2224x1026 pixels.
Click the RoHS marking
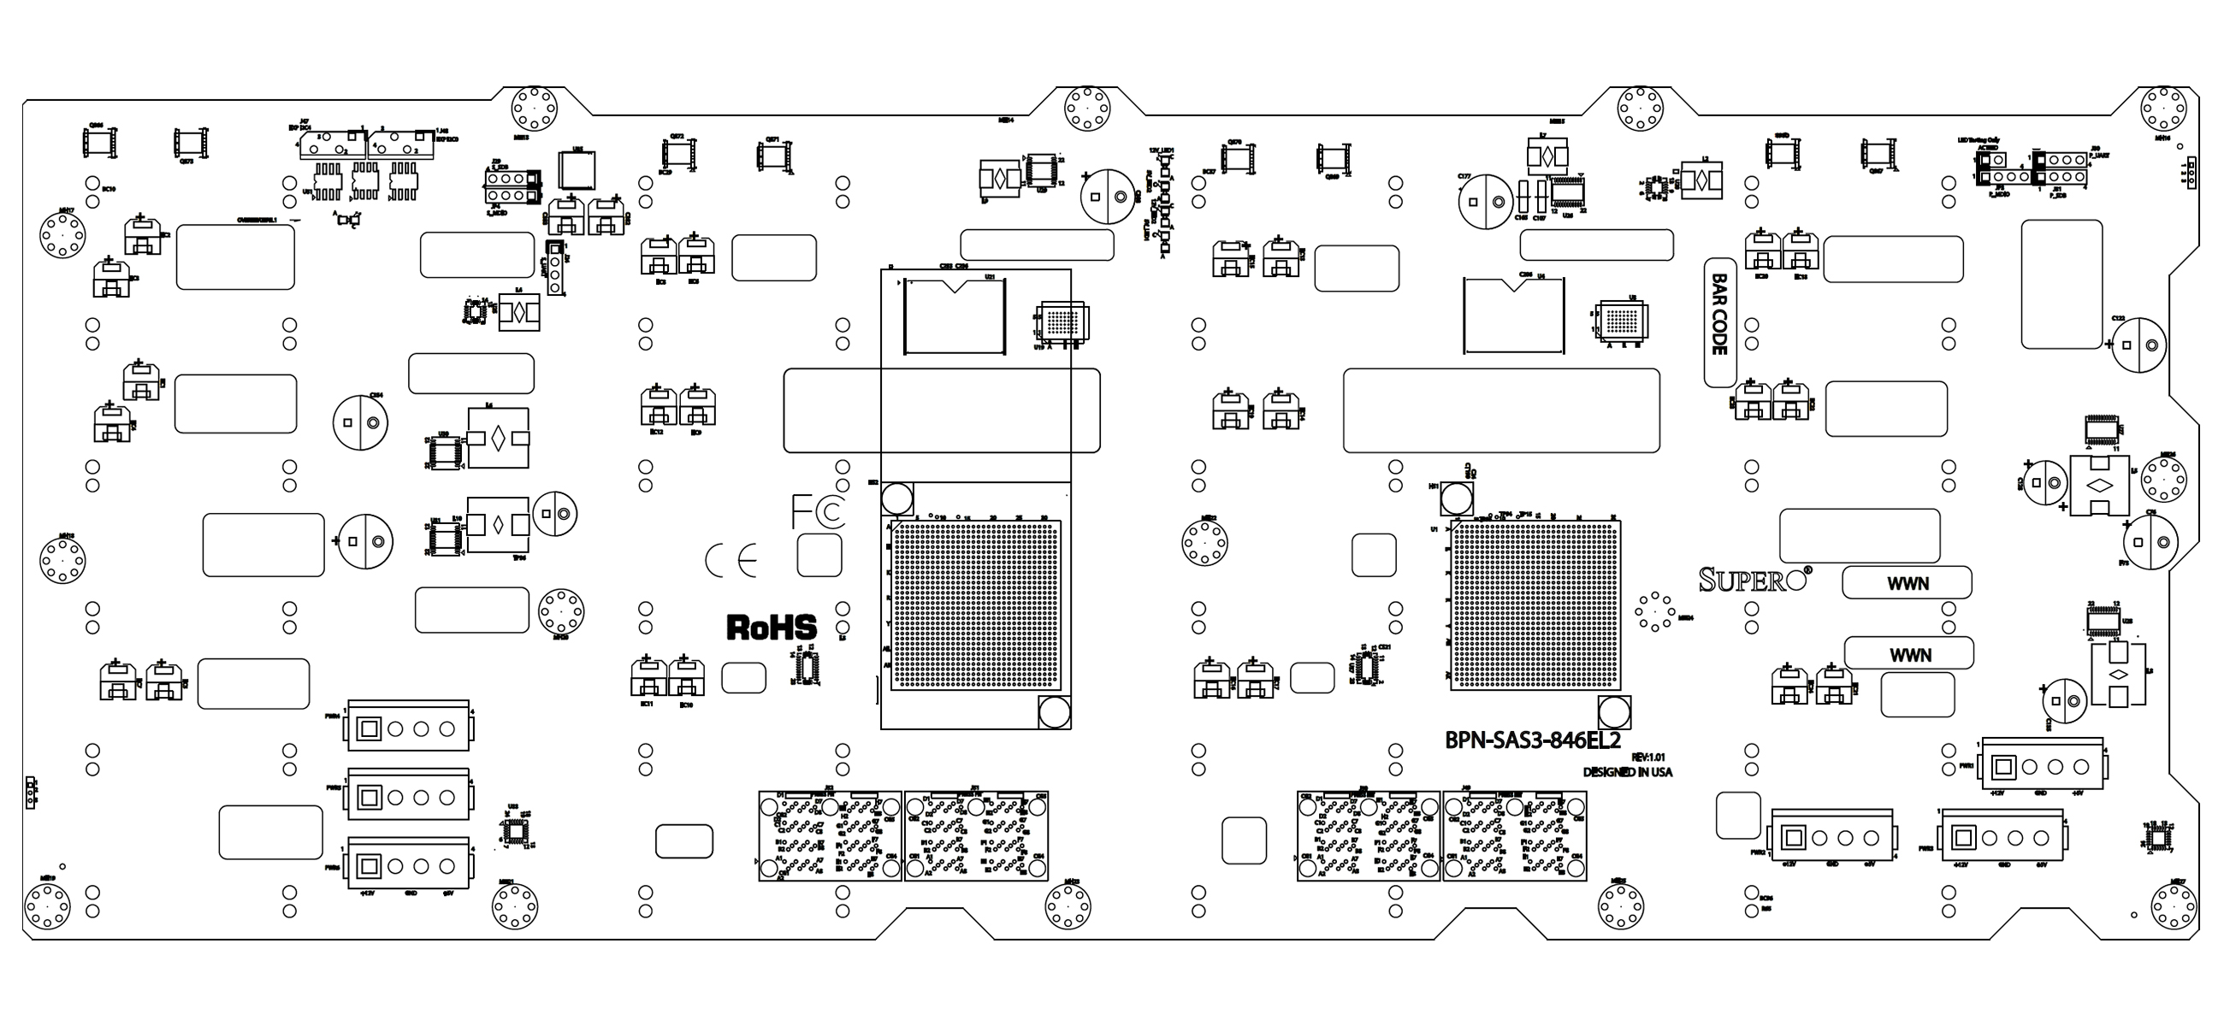click(x=771, y=627)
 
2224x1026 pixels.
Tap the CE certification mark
click(x=731, y=561)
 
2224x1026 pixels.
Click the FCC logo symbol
click(x=819, y=510)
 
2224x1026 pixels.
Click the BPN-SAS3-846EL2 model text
click(x=1532, y=740)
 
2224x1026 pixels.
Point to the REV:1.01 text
click(x=1647, y=757)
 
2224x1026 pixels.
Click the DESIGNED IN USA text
click(x=1627, y=772)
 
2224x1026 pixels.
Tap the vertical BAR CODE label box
click(x=1719, y=322)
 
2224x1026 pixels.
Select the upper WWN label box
click(x=1907, y=583)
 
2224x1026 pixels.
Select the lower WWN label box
click(x=1909, y=654)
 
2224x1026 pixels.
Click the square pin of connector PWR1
click(x=2004, y=766)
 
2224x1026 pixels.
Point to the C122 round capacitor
click(x=2139, y=345)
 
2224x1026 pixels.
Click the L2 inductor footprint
click(x=1701, y=182)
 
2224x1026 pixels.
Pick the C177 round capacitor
click(x=1485, y=202)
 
